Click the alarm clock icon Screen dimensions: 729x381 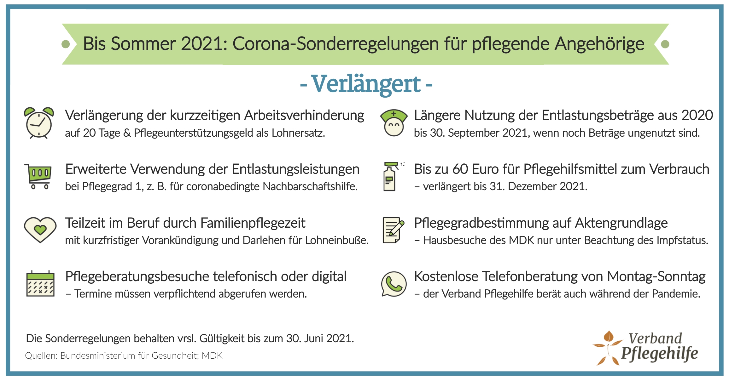(39, 123)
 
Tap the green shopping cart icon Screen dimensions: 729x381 (38, 176)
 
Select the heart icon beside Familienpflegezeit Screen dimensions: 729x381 (40, 230)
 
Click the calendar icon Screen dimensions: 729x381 (40, 284)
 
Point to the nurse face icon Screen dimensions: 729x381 (394, 123)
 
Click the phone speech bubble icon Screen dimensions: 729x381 (394, 284)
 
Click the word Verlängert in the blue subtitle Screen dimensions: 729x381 (366, 84)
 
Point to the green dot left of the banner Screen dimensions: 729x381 (66, 44)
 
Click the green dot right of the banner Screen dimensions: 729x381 (665, 44)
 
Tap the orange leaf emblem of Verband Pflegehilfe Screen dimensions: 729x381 (607, 348)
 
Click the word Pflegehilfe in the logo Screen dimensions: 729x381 (660, 354)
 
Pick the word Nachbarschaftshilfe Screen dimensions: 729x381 (310, 186)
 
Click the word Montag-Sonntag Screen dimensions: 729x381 (656, 277)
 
